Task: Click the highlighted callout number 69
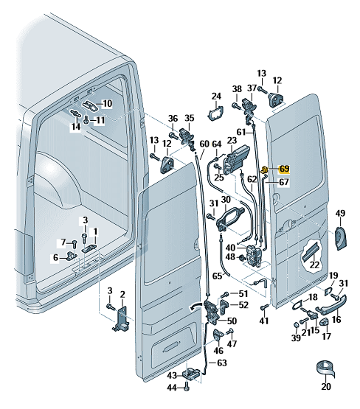pyautogui.click(x=284, y=169)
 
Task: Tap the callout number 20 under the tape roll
pyautogui.click(x=326, y=386)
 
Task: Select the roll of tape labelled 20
pyautogui.click(x=325, y=369)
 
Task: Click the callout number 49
pyautogui.click(x=340, y=213)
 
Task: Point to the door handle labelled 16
pyautogui.click(x=330, y=304)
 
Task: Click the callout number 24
pyautogui.click(x=216, y=97)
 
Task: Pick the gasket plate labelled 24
pyautogui.click(x=215, y=113)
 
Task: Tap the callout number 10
pyautogui.click(x=107, y=104)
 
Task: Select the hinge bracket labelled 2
pyautogui.click(x=122, y=319)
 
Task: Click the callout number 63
pyautogui.click(x=221, y=363)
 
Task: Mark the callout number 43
pyautogui.click(x=172, y=376)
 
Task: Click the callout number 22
pyautogui.click(x=314, y=265)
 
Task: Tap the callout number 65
pyautogui.click(x=217, y=276)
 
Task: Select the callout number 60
pyautogui.click(x=204, y=144)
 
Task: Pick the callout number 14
pyautogui.click(x=76, y=127)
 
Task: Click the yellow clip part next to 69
pyautogui.click(x=265, y=169)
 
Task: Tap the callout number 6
pyautogui.click(x=55, y=258)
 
